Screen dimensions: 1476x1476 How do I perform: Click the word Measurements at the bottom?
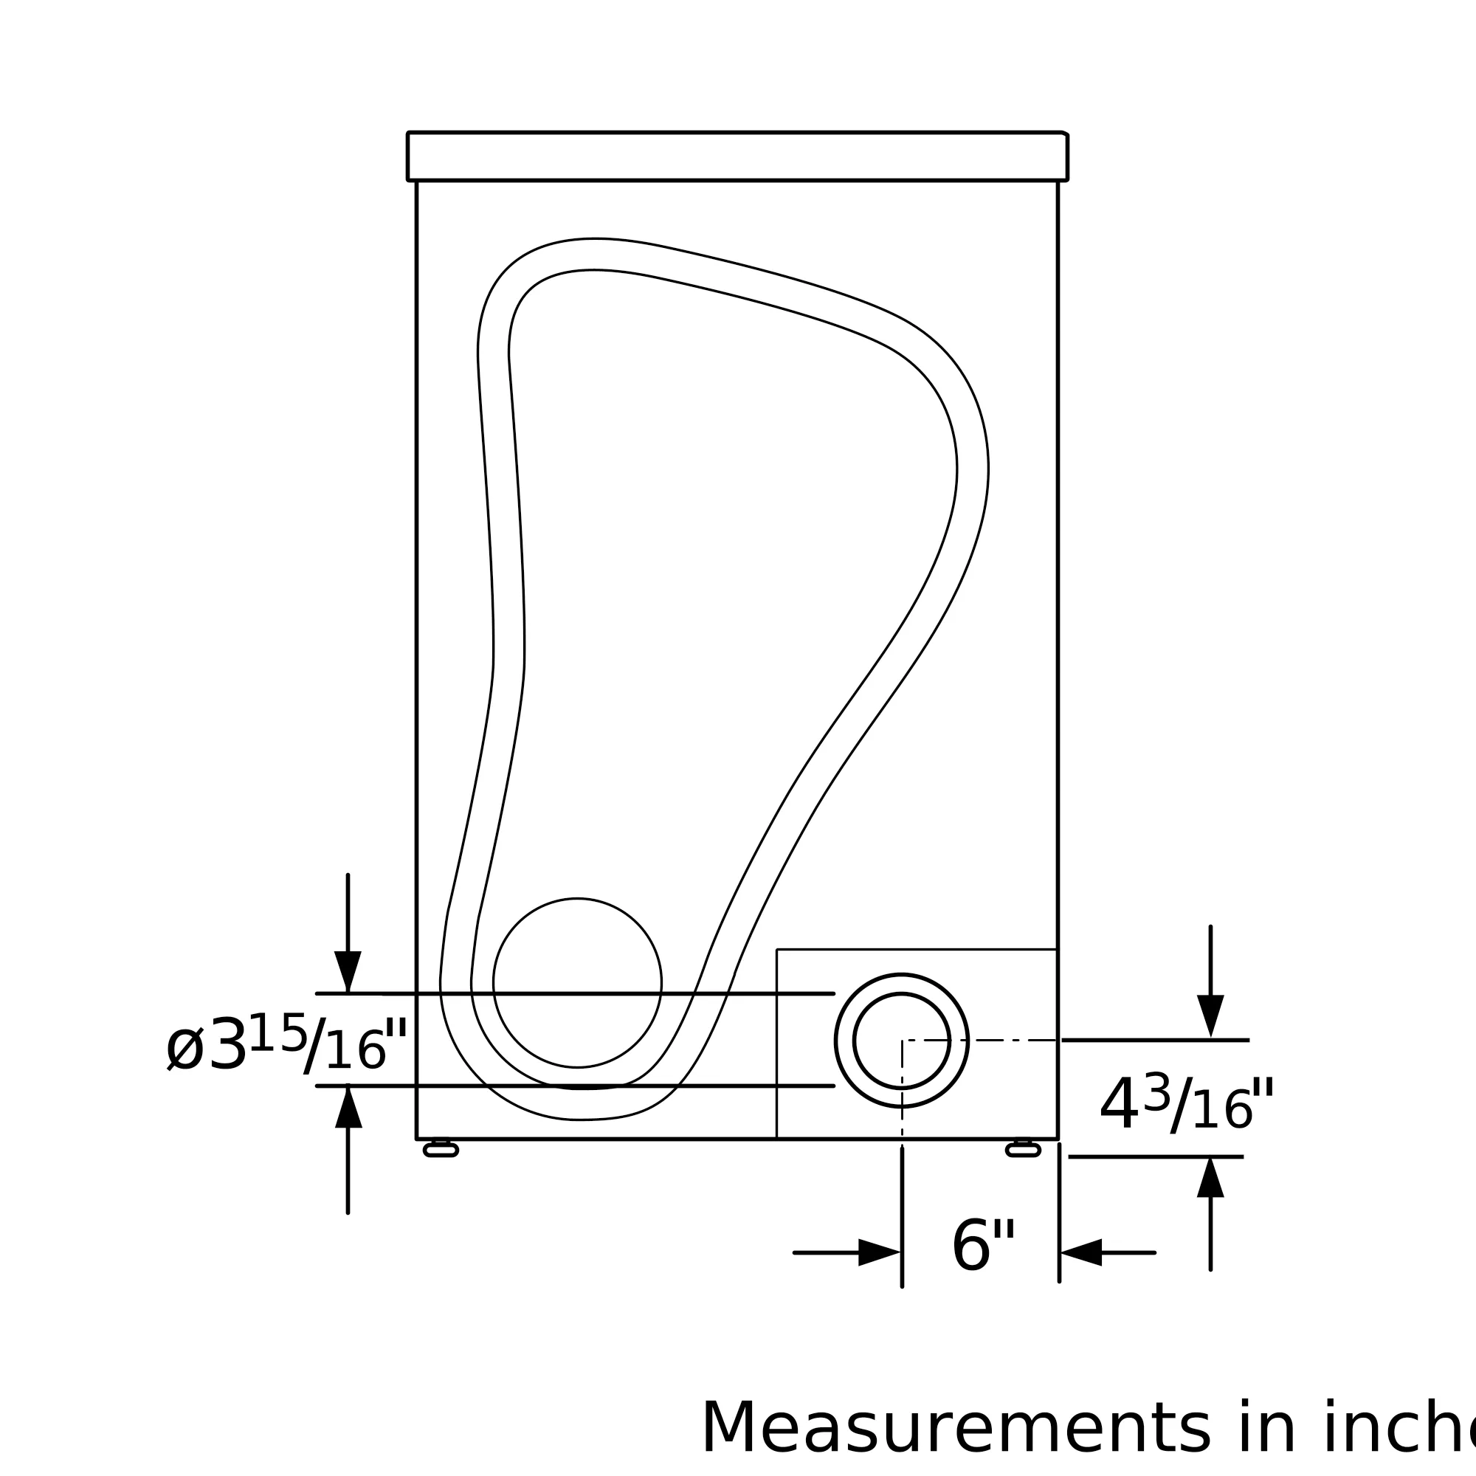(x=956, y=1429)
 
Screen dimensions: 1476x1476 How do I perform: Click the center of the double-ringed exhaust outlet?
(x=902, y=1040)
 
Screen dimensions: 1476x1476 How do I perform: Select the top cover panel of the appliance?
(x=737, y=156)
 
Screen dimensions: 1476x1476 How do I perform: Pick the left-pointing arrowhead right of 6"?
(x=1082, y=1253)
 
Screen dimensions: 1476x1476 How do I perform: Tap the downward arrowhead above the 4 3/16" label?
(x=1210, y=1015)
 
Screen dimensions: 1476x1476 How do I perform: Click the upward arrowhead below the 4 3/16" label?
(x=1210, y=1177)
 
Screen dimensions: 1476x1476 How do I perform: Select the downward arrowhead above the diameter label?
(x=348, y=971)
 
